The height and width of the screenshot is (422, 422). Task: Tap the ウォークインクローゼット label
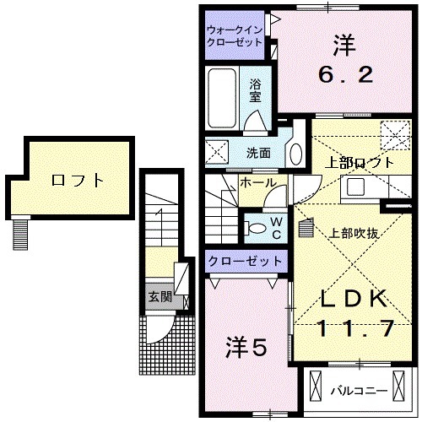tap(236, 36)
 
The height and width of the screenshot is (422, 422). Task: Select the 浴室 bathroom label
tap(254, 90)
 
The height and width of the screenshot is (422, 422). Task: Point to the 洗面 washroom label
tap(257, 154)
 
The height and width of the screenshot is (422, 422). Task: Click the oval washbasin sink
tap(295, 153)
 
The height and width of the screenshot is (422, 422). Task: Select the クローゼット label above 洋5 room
tap(245, 261)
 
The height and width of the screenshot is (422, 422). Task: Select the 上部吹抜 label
tap(352, 233)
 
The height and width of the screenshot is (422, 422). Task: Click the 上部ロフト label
tap(359, 162)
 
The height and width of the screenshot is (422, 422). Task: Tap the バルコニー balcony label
tap(358, 391)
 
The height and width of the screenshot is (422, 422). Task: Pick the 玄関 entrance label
tap(159, 296)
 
